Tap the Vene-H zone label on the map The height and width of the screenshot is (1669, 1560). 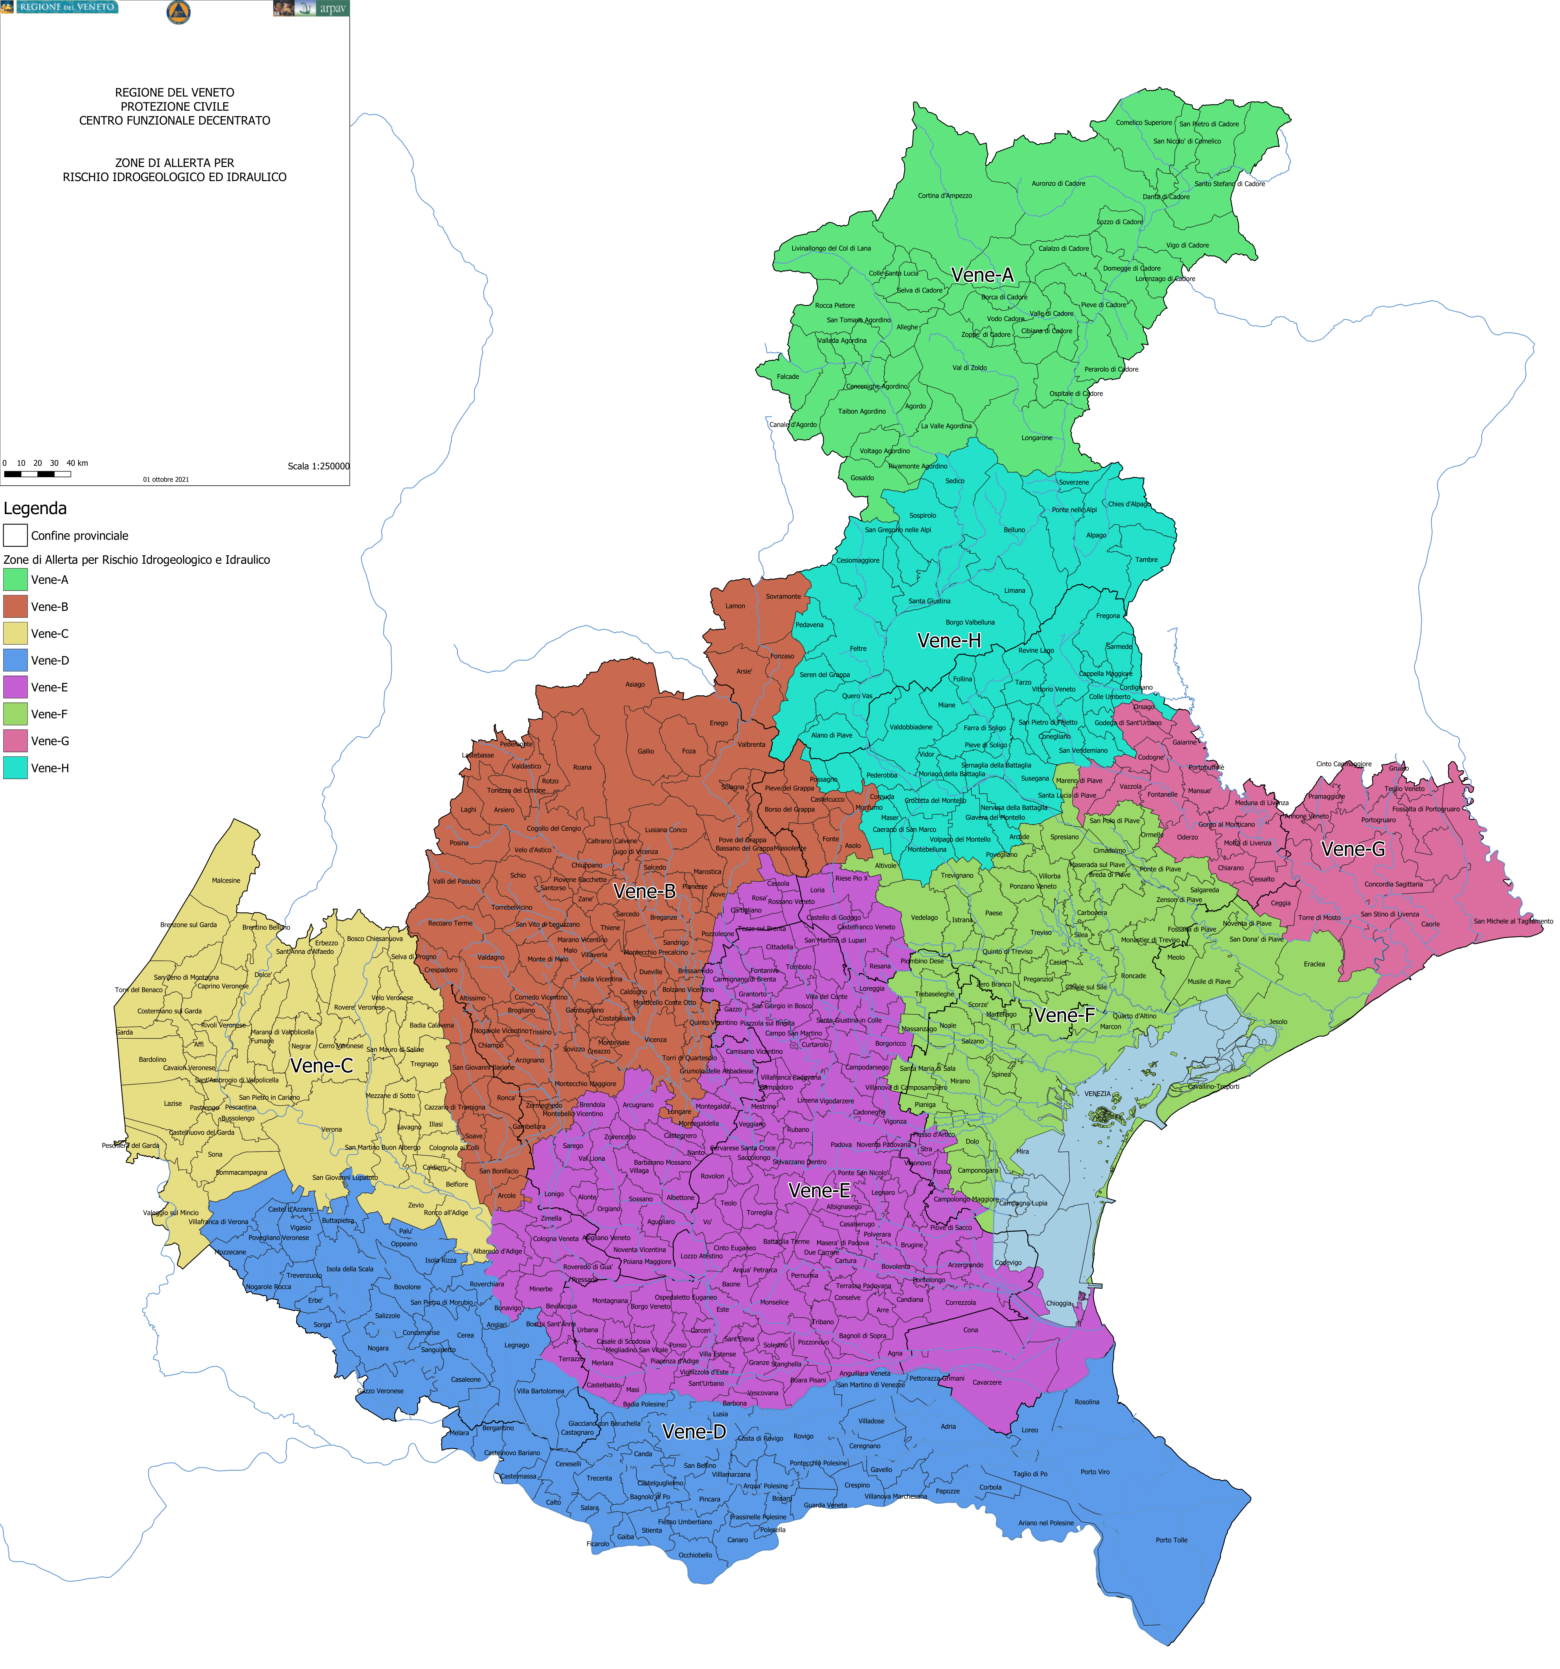coord(949,641)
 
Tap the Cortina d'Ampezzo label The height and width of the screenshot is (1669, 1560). coord(945,196)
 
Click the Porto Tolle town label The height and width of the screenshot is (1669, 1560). coord(1171,1540)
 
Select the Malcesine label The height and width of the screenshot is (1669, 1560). coord(226,881)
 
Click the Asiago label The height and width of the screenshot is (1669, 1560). coord(635,684)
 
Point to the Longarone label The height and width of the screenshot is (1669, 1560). coord(1037,437)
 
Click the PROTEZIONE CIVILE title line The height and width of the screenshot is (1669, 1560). coord(175,107)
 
